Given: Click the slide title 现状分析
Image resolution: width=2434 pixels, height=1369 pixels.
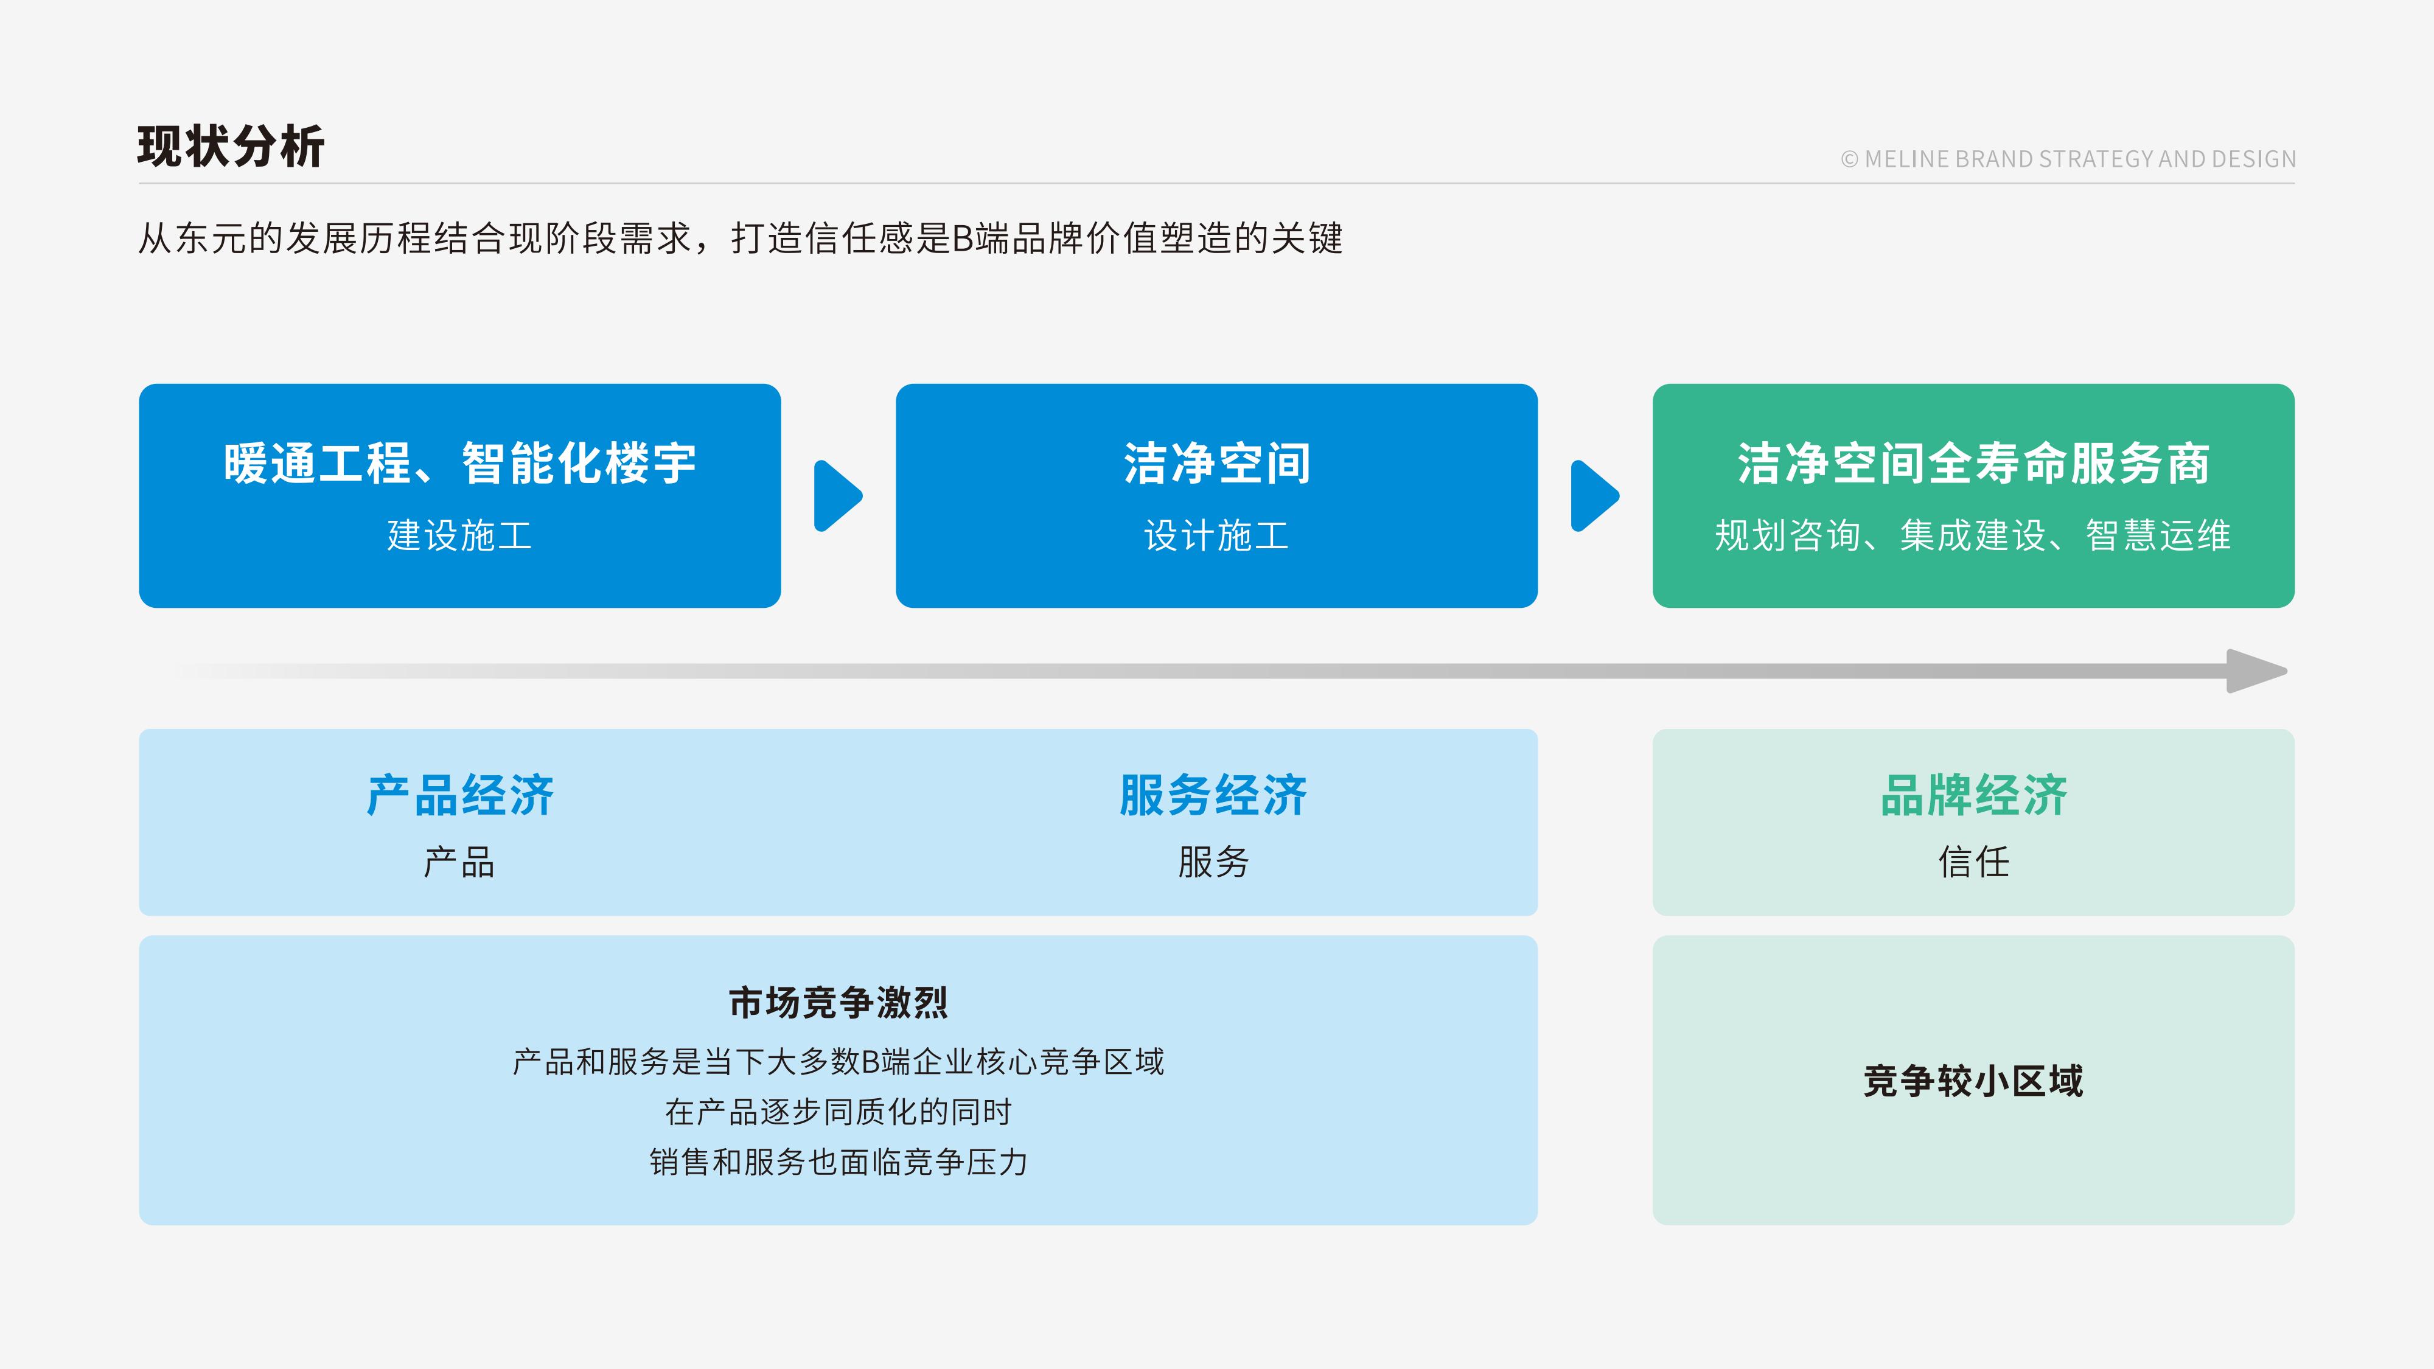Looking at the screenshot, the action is (231, 147).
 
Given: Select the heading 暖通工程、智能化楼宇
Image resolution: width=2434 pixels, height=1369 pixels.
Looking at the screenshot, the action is (460, 464).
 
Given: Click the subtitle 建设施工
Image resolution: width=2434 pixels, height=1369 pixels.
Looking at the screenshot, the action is (460, 535).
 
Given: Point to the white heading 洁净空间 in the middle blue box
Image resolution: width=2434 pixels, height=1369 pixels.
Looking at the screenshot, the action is (1217, 464).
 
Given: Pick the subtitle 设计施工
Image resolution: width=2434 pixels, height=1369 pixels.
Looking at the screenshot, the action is (1217, 535).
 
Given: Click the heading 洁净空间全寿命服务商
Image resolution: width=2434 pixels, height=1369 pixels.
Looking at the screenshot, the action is (1974, 464).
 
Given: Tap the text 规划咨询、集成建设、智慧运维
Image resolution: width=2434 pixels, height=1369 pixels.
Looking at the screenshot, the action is (1974, 535).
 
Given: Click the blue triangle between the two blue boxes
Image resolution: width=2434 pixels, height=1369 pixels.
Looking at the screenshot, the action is (837, 496).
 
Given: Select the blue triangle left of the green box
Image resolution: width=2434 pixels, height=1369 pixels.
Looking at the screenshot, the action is (1594, 496).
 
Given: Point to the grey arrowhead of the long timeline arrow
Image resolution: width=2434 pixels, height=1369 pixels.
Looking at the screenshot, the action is (2256, 671).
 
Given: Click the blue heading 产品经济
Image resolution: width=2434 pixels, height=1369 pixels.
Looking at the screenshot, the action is (460, 795).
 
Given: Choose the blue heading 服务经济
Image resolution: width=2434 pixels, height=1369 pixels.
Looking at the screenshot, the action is (1213, 795).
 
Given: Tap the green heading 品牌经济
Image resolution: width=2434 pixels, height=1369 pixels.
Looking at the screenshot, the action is (1974, 795).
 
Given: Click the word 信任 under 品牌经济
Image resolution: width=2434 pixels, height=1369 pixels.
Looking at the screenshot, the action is (1974, 862).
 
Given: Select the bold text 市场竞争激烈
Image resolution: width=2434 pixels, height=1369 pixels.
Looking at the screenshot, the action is (838, 1003).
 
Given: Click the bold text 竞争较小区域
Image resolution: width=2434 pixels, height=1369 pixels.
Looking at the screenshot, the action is (1974, 1081).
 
